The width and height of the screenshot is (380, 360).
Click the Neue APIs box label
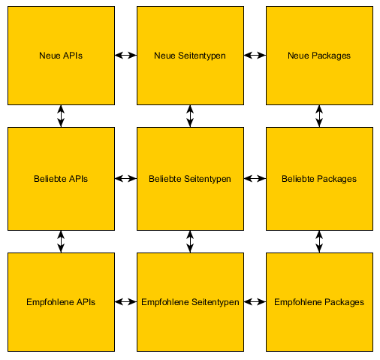[61, 56]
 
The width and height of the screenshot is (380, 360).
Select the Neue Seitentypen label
[190, 56]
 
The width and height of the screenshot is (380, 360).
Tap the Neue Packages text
[319, 56]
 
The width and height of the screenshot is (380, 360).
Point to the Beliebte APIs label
[61, 179]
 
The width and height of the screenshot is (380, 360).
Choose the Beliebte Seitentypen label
[190, 179]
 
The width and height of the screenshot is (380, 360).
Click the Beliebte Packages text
[319, 179]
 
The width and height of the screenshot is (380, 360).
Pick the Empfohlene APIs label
[61, 302]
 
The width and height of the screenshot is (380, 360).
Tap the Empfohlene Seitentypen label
[190, 302]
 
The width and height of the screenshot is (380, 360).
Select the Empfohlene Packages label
[319, 302]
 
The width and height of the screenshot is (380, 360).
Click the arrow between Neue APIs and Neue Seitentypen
[125, 55]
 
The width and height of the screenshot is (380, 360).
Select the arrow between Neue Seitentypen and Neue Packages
[255, 55]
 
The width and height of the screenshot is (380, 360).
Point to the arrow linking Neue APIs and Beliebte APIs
[61, 116]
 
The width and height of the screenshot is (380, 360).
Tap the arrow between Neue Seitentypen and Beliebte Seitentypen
[190, 116]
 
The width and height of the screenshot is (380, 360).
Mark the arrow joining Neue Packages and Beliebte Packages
[319, 116]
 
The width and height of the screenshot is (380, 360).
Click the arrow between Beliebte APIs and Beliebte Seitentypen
[125, 179]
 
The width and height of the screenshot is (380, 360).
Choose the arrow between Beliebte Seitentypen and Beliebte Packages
[255, 179]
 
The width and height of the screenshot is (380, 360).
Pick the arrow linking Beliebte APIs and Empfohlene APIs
[61, 241]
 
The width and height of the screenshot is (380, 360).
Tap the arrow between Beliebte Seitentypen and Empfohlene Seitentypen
[190, 241]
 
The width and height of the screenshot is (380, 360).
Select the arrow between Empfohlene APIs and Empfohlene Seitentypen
[125, 302]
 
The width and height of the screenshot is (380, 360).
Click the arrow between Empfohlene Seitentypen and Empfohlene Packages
[255, 302]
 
